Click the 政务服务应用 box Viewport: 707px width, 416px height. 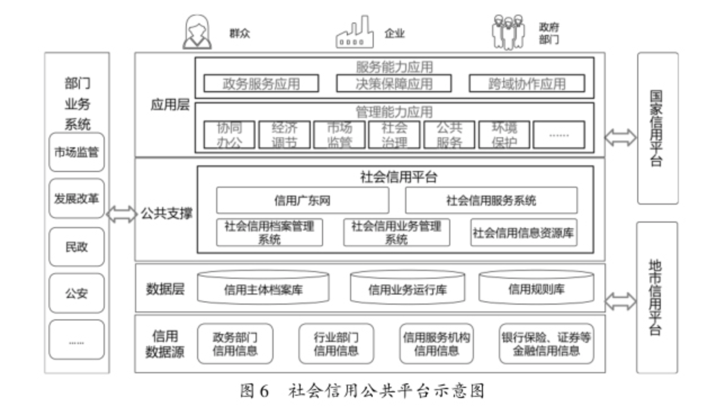pos(261,84)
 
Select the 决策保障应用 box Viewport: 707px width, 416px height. pos(394,84)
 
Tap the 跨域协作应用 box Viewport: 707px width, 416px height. pos(527,84)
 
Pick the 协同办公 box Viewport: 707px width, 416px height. pos(229,135)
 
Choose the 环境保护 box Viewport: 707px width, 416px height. pos(504,135)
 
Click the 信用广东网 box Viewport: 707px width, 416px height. pos(302,200)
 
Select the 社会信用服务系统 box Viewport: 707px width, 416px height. pos(491,200)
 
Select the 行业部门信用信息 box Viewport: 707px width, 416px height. pos(336,343)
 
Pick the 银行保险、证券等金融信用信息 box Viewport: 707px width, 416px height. pos(546,343)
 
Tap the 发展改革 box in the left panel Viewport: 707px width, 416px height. pos(77,198)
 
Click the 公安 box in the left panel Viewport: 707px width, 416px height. pos(77,293)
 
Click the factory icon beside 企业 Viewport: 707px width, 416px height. pos(355,33)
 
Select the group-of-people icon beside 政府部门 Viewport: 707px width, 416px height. pos(508,33)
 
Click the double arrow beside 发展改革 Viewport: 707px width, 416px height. pos(121,214)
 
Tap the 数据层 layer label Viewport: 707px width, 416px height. pos(165,289)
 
